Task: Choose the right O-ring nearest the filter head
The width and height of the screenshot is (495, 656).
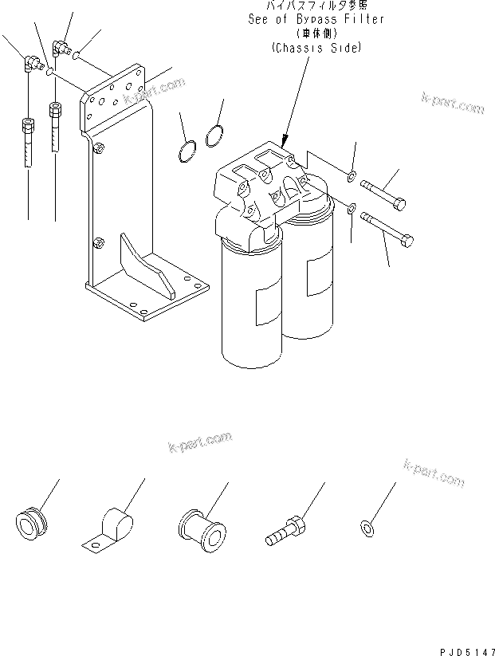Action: (x=213, y=136)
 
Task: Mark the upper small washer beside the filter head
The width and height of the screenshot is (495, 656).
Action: (x=352, y=174)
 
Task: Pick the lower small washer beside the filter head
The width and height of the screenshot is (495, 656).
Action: (x=352, y=210)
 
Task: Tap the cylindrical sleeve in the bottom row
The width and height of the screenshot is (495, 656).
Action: (x=197, y=528)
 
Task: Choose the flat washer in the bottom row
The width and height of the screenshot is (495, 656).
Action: (x=367, y=526)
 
